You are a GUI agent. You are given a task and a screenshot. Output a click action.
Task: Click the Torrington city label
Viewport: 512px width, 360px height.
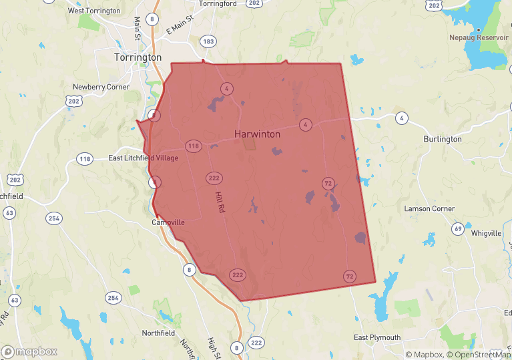138,57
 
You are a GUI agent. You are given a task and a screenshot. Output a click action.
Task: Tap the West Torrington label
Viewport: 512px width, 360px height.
94,11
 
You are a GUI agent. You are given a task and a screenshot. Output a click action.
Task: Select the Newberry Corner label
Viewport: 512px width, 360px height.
101,87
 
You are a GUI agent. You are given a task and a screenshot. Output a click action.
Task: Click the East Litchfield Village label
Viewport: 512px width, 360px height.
144,158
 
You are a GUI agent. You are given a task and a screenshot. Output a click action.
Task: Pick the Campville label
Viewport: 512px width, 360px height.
168,222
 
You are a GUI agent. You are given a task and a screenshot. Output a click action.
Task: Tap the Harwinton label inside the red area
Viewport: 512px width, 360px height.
257,134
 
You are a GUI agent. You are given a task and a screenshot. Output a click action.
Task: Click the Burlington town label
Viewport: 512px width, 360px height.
442,139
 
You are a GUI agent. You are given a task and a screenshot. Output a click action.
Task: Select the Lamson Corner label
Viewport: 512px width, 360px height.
429,209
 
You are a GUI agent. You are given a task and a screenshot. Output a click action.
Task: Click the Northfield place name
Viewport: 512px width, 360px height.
158,333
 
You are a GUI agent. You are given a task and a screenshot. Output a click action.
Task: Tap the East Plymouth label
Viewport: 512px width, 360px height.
377,337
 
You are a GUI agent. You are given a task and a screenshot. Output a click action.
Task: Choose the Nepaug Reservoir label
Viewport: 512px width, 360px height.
479,38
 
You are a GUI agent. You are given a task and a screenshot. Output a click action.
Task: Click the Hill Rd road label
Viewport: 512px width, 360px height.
220,202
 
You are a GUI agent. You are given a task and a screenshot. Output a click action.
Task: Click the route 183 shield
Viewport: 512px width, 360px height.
209,41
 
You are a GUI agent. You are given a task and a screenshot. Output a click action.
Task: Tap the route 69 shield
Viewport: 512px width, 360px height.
457,229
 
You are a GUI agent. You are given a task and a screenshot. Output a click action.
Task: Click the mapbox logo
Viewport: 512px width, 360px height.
29,351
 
